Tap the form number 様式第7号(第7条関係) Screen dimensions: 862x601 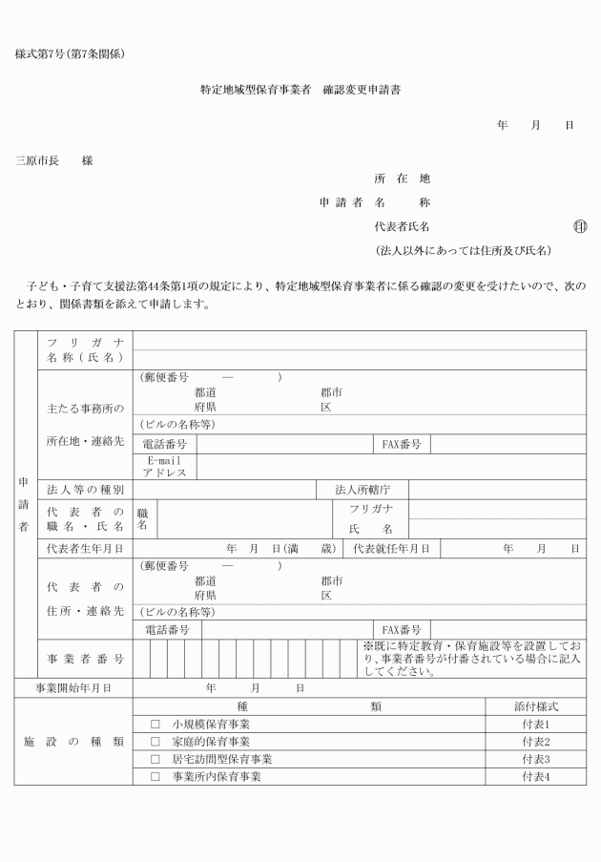70,53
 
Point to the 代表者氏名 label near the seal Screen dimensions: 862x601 402,227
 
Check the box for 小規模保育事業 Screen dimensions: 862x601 155,725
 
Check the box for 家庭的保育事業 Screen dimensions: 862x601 155,742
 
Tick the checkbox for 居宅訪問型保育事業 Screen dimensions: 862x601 155,759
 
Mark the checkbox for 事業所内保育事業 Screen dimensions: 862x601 155,777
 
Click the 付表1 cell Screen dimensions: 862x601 535,725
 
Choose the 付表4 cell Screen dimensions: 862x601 535,777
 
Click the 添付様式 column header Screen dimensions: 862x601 535,706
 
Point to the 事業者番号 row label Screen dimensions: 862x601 85,659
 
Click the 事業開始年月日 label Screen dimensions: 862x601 73,688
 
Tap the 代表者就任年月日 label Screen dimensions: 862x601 390,549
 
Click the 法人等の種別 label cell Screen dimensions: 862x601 85,490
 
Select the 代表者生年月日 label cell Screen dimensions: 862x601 85,549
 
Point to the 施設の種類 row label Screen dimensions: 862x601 73,742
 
